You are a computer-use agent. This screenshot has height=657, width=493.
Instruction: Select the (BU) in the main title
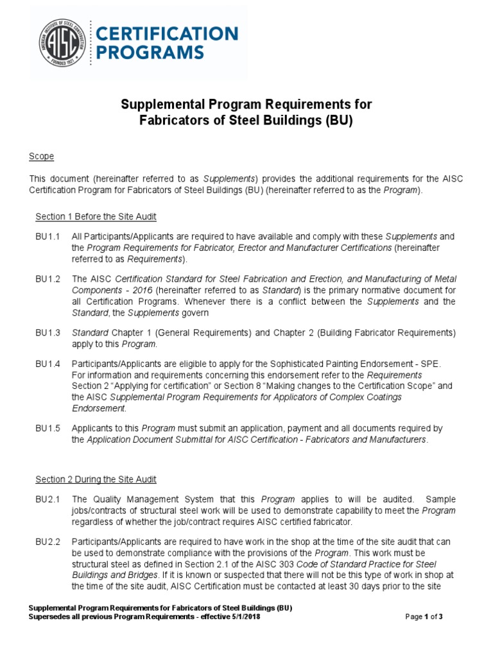(340, 121)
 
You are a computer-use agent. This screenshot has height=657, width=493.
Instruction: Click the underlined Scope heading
(42, 157)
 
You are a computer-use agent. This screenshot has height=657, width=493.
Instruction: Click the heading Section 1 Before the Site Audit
(96, 217)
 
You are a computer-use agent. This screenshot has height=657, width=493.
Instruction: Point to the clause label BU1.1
(48, 237)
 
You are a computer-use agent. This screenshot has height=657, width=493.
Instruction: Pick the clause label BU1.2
(48, 279)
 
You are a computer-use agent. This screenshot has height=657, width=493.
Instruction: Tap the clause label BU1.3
(48, 333)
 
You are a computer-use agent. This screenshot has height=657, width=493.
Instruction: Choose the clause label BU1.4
(48, 364)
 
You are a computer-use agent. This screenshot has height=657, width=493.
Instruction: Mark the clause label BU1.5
(48, 428)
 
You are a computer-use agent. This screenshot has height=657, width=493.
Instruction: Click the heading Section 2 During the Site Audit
(96, 479)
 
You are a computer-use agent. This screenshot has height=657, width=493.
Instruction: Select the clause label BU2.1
(48, 499)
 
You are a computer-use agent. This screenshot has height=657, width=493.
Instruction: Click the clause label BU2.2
(48, 542)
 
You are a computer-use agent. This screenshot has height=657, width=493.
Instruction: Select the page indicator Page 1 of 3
(424, 617)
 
